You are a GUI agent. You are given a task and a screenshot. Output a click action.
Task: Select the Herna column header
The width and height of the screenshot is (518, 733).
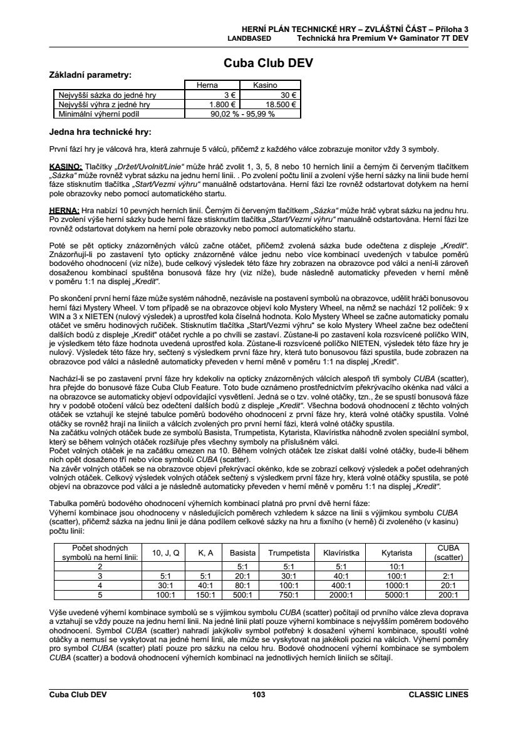coord(207,85)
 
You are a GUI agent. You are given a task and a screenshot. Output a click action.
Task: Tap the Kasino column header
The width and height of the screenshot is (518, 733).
coord(265,85)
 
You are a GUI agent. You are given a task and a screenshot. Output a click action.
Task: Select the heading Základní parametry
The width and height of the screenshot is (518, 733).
coord(90,75)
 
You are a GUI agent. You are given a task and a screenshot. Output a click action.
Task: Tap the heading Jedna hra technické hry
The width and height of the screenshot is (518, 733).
coord(100,132)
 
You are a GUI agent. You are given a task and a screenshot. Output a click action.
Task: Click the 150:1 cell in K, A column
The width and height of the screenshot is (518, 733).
coord(206,595)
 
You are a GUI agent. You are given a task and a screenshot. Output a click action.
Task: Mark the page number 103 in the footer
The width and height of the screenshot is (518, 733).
coord(259,694)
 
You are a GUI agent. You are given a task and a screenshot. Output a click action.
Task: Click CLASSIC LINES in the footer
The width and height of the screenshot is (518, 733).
coord(438,694)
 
